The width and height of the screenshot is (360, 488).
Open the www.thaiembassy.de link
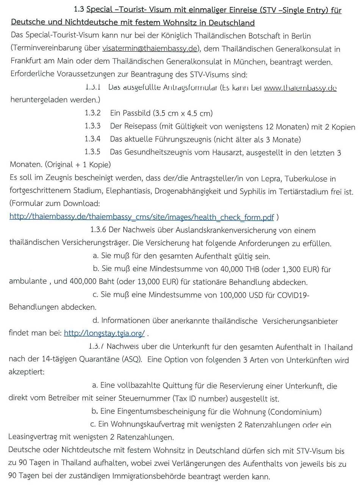coord(300,88)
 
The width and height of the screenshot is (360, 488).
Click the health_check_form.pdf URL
coord(141,217)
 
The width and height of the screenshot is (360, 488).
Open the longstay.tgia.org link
coord(104,333)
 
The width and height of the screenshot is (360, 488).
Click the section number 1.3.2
coord(93,113)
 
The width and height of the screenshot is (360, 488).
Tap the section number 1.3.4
coord(93,139)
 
